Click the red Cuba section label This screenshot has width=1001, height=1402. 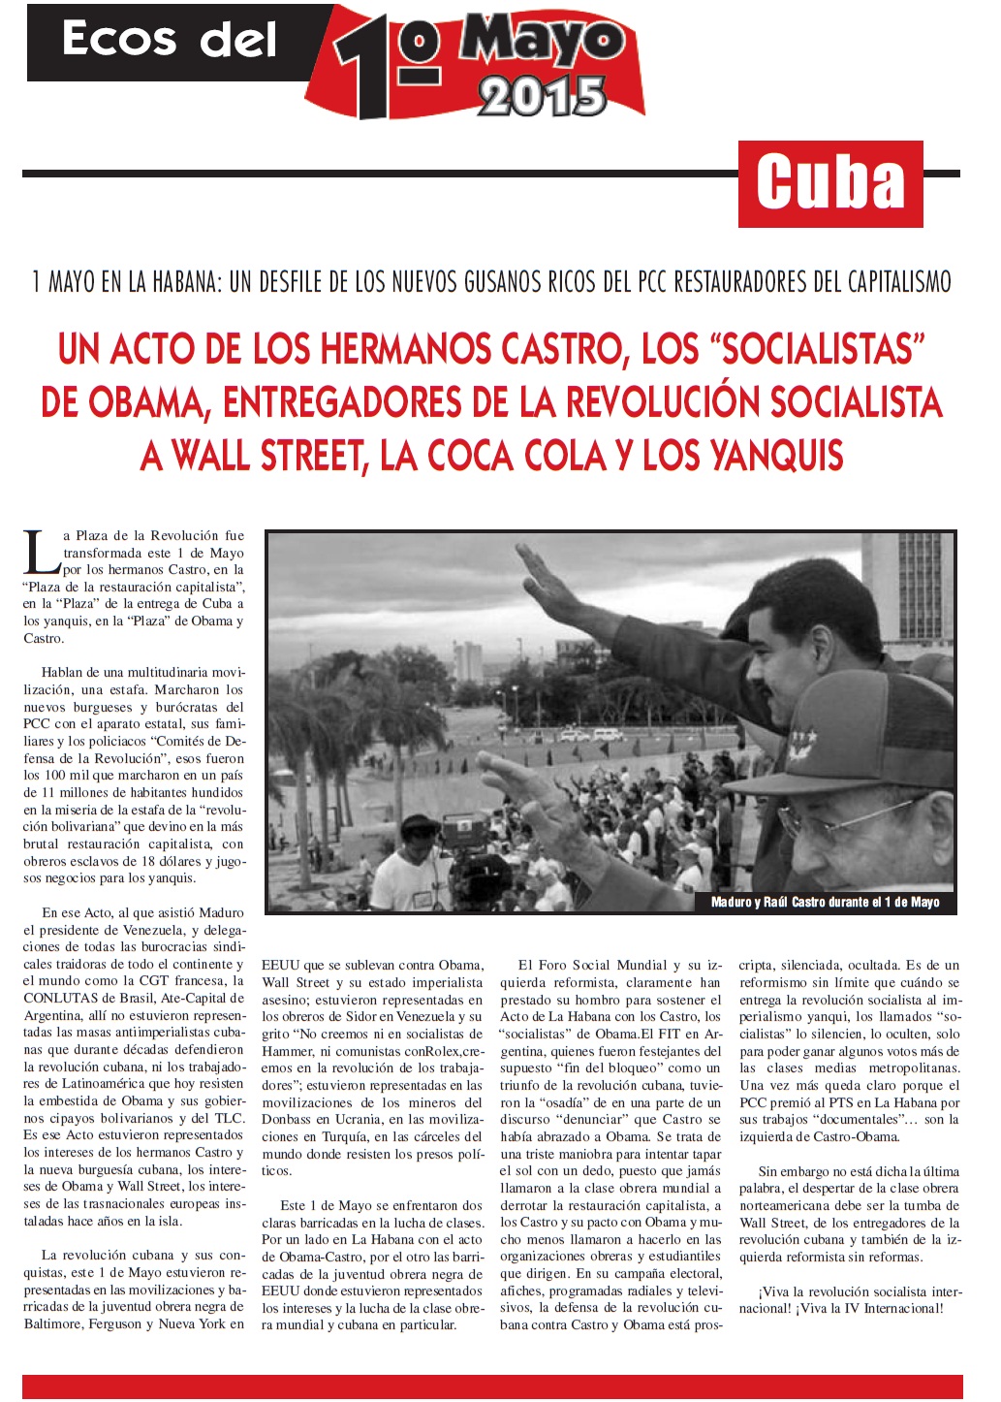(830, 184)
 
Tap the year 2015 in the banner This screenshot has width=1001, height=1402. (542, 97)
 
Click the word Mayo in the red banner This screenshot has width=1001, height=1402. (543, 41)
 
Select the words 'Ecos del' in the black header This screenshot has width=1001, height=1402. (170, 41)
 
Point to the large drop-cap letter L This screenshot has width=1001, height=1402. (41, 552)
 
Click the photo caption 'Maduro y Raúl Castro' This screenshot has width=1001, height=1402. (825, 902)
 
